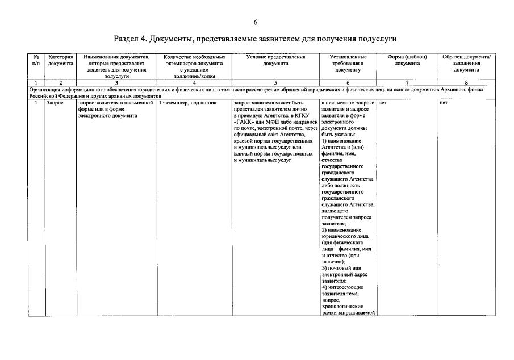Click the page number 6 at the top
[256, 22]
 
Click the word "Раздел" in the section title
[127, 39]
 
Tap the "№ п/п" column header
[36, 60]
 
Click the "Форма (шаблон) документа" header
[407, 60]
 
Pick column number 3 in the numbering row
[117, 83]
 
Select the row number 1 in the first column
[36, 103]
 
